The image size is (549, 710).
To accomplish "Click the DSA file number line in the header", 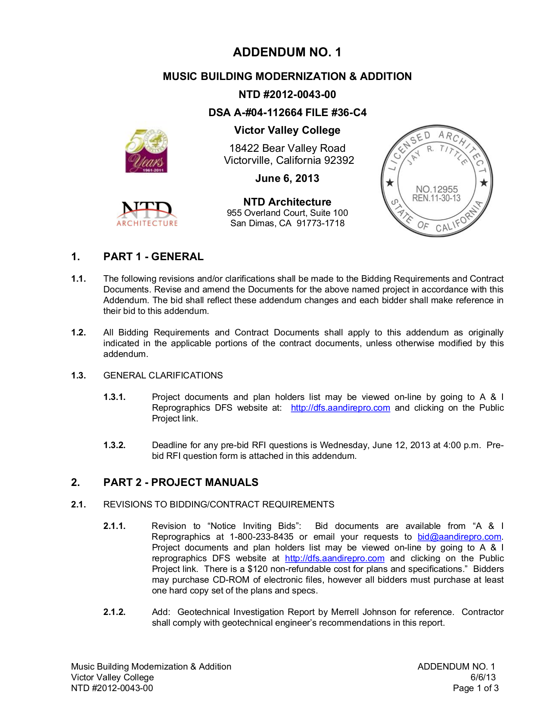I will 287,113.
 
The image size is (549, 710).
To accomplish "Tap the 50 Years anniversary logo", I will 146,151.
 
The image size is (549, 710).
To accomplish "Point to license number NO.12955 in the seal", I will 437,189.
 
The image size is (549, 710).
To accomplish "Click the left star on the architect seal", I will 390,183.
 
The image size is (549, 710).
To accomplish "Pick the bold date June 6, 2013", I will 287,178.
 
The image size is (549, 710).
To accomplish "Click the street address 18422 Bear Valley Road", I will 287,148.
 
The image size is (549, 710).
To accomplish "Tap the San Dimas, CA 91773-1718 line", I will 287,223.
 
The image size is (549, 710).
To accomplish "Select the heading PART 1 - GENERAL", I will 153,257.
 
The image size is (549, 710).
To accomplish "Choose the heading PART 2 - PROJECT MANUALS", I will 181,483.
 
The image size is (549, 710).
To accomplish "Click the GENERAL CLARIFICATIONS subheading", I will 163,375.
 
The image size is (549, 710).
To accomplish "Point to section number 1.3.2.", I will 115,445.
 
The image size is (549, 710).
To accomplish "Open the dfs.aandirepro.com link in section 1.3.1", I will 340,408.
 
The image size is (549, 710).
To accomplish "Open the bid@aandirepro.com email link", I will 459,537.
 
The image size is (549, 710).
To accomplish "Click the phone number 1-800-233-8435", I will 261,537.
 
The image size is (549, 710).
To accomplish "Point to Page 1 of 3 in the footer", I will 475,688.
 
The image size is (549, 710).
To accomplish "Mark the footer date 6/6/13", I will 483,677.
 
